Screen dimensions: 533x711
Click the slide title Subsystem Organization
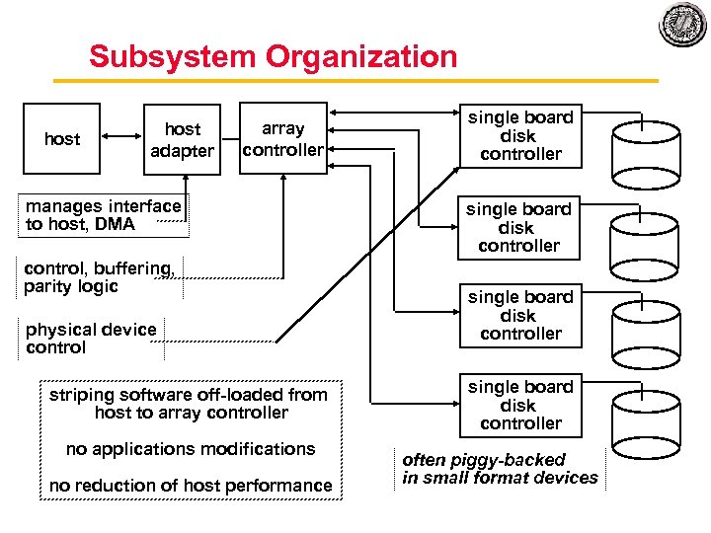tap(273, 56)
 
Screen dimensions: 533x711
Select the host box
tap(61, 139)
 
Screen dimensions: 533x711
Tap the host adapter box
tap(182, 139)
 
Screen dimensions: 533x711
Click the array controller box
tap(282, 138)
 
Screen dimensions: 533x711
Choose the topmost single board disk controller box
tap(520, 135)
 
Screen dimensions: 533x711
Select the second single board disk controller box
tap(518, 227)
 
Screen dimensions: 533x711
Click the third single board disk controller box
tap(520, 315)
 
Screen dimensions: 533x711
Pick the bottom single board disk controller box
tap(520, 405)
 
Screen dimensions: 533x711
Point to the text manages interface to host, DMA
tap(103, 215)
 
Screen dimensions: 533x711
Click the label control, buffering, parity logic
tap(100, 277)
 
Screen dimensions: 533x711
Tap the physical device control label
tap(91, 339)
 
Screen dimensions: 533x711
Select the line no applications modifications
tap(191, 449)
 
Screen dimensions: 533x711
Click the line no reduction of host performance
tap(191, 486)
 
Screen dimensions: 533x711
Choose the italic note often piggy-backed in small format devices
tap(500, 469)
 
